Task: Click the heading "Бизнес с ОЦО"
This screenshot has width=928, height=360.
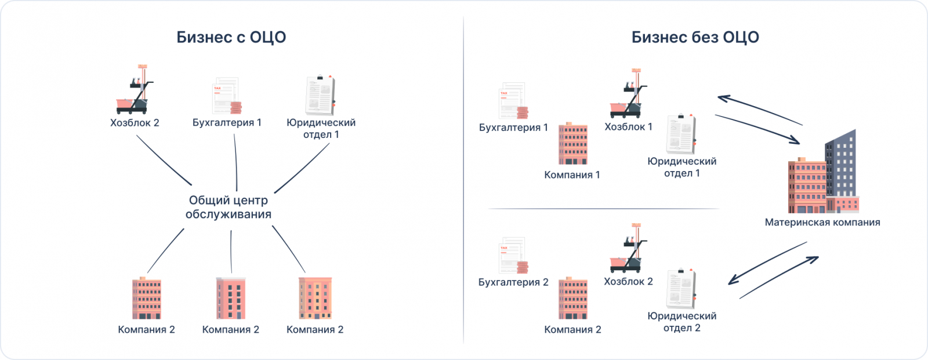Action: [231, 38]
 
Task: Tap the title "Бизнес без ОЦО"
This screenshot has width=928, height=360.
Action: [695, 38]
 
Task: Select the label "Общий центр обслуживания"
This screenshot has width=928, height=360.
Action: [229, 207]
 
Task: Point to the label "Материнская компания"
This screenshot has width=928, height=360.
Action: [822, 222]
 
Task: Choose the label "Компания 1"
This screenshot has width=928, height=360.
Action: [572, 174]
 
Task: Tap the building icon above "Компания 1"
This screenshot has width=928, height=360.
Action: [573, 143]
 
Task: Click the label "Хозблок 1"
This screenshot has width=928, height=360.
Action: [628, 126]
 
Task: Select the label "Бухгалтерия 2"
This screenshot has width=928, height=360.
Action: [513, 282]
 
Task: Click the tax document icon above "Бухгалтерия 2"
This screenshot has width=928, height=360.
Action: [513, 255]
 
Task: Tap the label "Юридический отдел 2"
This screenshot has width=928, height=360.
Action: [682, 322]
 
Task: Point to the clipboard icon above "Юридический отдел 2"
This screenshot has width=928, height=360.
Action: [681, 288]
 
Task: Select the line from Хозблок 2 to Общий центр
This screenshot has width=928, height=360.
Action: [164, 161]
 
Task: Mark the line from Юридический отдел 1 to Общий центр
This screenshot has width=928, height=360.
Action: [302, 168]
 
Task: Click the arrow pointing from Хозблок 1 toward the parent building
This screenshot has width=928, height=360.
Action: [757, 129]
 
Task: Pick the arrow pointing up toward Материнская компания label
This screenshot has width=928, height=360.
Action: [779, 278]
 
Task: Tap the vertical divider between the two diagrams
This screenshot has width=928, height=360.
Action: [463, 180]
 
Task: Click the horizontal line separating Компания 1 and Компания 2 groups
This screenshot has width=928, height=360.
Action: [604, 209]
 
